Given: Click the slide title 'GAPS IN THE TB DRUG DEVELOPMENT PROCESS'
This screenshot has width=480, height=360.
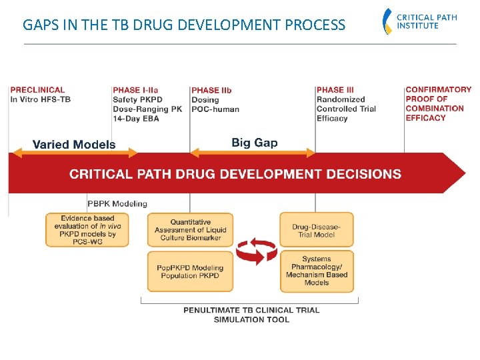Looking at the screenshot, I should (x=184, y=25).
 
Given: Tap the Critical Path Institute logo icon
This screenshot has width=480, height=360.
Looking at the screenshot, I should (x=387, y=21).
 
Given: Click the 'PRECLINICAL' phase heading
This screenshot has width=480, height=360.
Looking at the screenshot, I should (x=37, y=89).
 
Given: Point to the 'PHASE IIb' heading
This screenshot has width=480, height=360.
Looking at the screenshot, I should (x=211, y=90).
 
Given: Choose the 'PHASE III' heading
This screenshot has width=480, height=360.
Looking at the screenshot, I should (x=335, y=90).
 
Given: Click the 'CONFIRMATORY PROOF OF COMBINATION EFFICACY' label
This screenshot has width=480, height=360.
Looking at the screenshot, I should (x=437, y=103).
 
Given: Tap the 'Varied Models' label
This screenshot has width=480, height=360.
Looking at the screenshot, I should (x=74, y=144).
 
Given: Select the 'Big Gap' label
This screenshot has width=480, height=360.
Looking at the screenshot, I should (x=255, y=142).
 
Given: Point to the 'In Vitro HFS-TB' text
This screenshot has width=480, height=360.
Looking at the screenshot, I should (x=40, y=99).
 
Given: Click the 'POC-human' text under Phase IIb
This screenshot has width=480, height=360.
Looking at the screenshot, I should (x=215, y=109).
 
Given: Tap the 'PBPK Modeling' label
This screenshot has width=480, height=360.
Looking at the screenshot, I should (x=117, y=203).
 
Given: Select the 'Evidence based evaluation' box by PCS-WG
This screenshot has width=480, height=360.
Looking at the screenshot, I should (x=87, y=230).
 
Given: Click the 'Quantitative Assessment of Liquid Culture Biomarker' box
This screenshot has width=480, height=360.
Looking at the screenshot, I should (x=191, y=230).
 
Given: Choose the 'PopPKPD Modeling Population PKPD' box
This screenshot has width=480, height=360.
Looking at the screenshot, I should (x=191, y=271).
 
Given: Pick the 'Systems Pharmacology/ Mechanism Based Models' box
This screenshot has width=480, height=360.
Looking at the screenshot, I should (x=316, y=271).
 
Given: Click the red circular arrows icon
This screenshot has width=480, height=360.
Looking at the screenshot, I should (x=257, y=253).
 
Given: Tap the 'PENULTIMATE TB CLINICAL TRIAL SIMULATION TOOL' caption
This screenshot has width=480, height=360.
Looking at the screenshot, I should (x=251, y=315).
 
